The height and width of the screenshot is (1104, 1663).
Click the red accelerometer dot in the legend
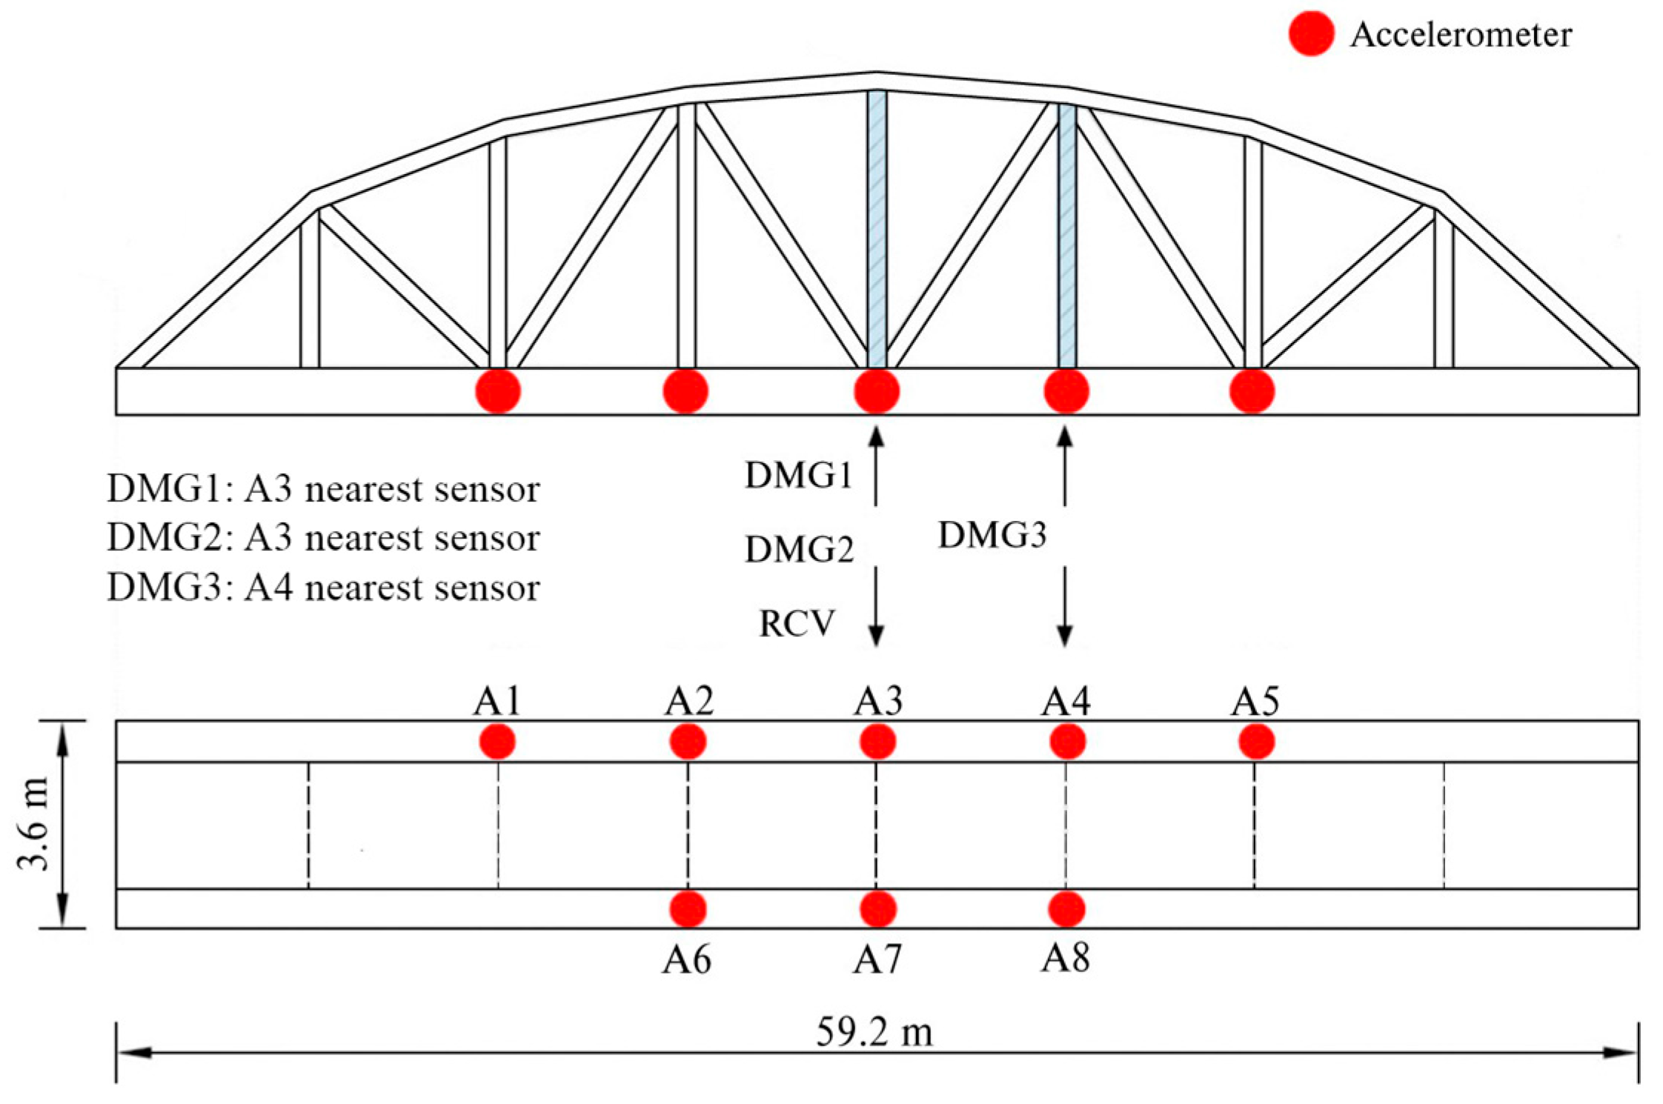tap(1311, 33)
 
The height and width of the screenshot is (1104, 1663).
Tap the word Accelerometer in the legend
tap(1461, 35)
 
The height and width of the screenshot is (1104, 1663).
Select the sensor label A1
tap(497, 700)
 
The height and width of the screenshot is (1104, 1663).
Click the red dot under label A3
tap(878, 742)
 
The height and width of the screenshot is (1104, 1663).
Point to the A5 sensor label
tap(1255, 700)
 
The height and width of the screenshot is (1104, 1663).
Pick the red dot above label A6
tap(688, 909)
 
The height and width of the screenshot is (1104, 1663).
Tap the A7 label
tap(877, 960)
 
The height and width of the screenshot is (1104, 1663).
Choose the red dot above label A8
tap(1067, 909)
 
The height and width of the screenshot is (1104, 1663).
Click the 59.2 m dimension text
tap(874, 1031)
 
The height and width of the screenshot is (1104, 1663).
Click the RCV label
tap(797, 623)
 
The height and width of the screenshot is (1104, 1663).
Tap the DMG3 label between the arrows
tap(992, 535)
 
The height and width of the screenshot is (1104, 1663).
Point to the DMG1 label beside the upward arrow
tap(799, 476)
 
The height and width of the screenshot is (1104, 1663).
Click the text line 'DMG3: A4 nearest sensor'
tap(324, 588)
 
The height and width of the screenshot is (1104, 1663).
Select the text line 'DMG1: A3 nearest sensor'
tap(324, 489)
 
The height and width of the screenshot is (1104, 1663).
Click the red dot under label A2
tap(688, 742)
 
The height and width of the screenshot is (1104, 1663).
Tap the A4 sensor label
tap(1066, 700)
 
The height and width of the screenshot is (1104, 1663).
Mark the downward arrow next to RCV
tap(877, 607)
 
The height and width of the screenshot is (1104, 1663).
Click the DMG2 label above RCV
tap(799, 550)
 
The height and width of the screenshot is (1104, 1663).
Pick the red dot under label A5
tap(1257, 742)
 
